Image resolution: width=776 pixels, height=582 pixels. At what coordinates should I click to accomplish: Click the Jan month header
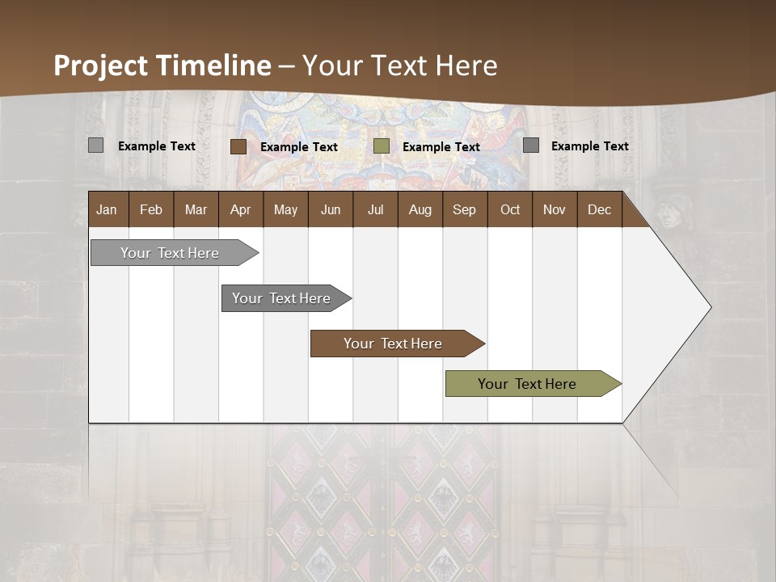tap(107, 209)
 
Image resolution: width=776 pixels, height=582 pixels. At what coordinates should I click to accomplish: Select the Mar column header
tap(196, 209)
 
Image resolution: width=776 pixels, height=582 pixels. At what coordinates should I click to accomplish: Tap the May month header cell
tap(285, 209)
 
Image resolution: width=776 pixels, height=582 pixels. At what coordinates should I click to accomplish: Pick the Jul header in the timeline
tap(375, 209)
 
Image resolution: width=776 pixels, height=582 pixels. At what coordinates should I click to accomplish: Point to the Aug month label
tap(420, 209)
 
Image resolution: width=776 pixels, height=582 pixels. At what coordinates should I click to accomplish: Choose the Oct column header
tap(510, 209)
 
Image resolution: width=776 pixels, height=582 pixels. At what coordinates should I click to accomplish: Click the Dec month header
tap(599, 209)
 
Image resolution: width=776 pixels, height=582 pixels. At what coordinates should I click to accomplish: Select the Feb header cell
tap(151, 209)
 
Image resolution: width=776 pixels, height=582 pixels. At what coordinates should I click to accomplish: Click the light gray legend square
tap(96, 145)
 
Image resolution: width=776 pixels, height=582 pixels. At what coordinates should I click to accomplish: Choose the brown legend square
tap(238, 146)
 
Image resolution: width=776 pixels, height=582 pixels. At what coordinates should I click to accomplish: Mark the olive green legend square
tap(382, 146)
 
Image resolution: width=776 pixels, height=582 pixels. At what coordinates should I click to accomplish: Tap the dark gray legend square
tap(531, 145)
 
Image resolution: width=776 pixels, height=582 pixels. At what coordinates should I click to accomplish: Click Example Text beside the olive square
tap(441, 146)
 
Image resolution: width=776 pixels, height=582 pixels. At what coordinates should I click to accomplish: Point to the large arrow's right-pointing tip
tap(709, 307)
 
